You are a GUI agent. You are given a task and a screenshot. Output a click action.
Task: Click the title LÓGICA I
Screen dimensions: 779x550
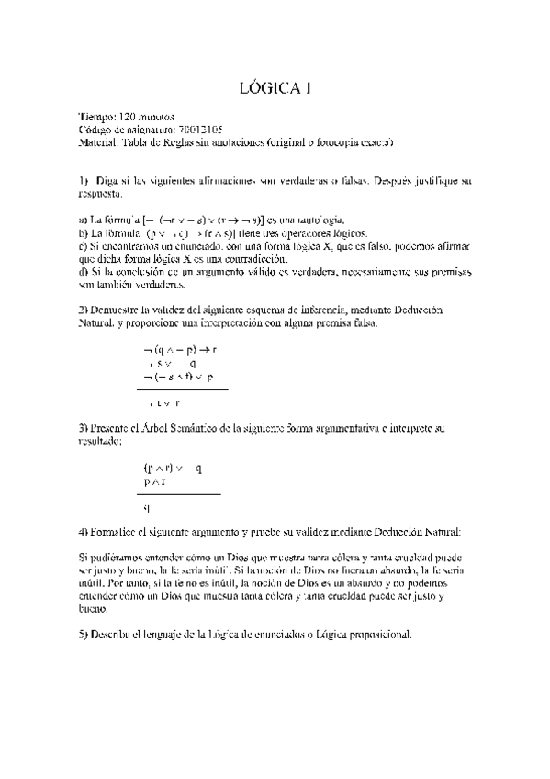(275, 89)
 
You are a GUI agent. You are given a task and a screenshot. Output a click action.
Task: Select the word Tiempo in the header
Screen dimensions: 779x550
(98, 118)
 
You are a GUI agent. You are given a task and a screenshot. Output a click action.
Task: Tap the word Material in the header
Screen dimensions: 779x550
(99, 143)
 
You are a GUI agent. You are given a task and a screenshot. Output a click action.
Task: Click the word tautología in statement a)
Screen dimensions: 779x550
(318, 220)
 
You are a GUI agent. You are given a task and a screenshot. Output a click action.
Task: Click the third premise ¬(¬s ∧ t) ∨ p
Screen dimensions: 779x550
(178, 376)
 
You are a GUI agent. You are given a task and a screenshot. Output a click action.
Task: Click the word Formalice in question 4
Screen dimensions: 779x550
(117, 532)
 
